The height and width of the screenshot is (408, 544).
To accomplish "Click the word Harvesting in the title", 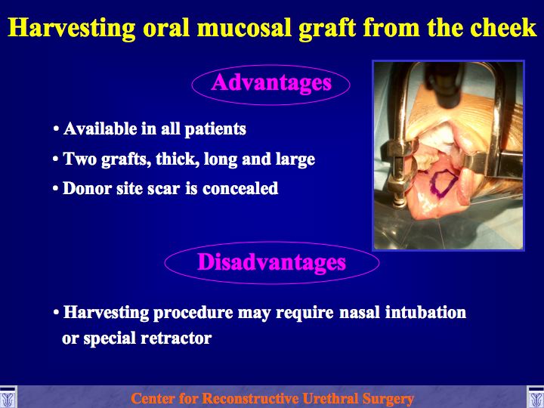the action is tap(72, 28).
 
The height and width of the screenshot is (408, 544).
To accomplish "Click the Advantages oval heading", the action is tap(271, 83).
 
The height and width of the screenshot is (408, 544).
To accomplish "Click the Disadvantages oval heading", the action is tap(272, 262).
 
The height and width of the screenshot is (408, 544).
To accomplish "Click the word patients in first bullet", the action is tap(215, 130).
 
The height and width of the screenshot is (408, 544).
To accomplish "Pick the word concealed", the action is tap(240, 188).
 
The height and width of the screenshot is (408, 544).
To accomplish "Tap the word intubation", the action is tap(425, 312).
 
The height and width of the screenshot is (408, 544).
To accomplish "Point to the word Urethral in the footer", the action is tap(330, 398).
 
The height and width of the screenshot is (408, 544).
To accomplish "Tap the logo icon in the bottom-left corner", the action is tap(8, 397).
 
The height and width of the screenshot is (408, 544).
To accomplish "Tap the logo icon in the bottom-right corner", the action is tap(536, 397).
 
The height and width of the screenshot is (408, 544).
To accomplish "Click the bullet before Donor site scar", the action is tap(56, 189).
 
